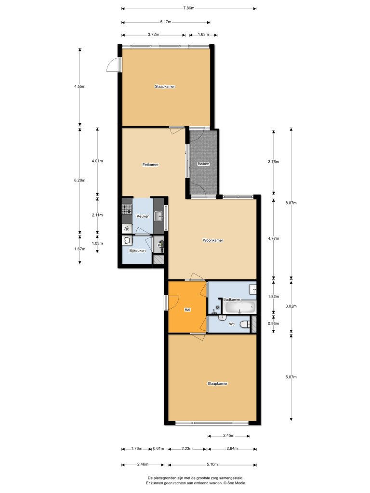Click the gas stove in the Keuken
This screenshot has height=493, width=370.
click(127, 209)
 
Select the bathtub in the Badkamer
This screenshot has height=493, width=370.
click(239, 307)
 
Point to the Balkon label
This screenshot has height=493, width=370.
click(204, 164)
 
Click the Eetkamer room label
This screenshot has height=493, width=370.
click(150, 165)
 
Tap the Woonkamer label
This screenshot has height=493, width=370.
click(213, 240)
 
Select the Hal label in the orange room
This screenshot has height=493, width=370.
click(188, 310)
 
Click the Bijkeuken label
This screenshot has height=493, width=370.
click(137, 251)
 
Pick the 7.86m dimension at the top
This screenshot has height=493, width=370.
click(189, 8)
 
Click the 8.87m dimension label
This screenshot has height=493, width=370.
click(290, 203)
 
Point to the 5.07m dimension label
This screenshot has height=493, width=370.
click(290, 376)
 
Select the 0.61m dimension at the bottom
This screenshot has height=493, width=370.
click(159, 449)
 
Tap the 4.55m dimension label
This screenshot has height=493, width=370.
click(79, 87)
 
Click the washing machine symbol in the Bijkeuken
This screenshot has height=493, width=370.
click(127, 240)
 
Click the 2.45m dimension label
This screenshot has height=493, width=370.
click(229, 436)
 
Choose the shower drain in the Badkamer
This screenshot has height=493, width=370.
click(218, 306)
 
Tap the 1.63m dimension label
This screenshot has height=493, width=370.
click(203, 35)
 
